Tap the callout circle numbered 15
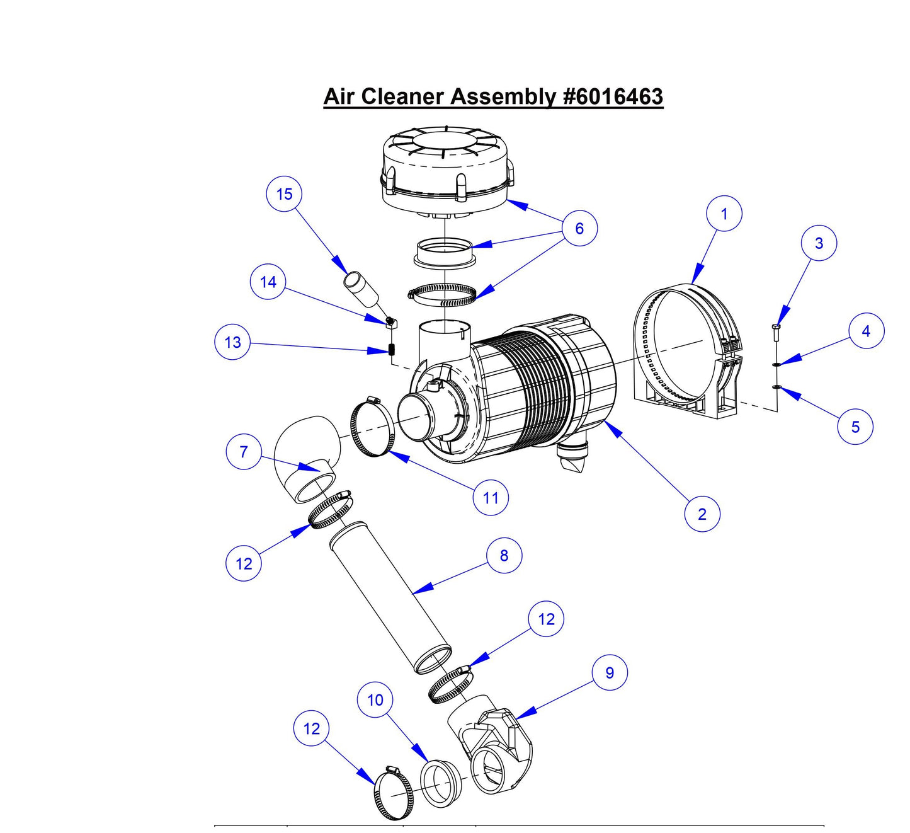tap(284, 194)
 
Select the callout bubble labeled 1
tap(724, 214)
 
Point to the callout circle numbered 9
tap(609, 672)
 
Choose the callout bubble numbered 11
tap(491, 498)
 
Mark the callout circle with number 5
tap(855, 427)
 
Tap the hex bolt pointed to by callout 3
tap(775, 332)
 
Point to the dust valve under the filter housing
tap(571, 457)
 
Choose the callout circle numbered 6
tap(579, 228)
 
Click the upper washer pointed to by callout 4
tap(776, 364)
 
